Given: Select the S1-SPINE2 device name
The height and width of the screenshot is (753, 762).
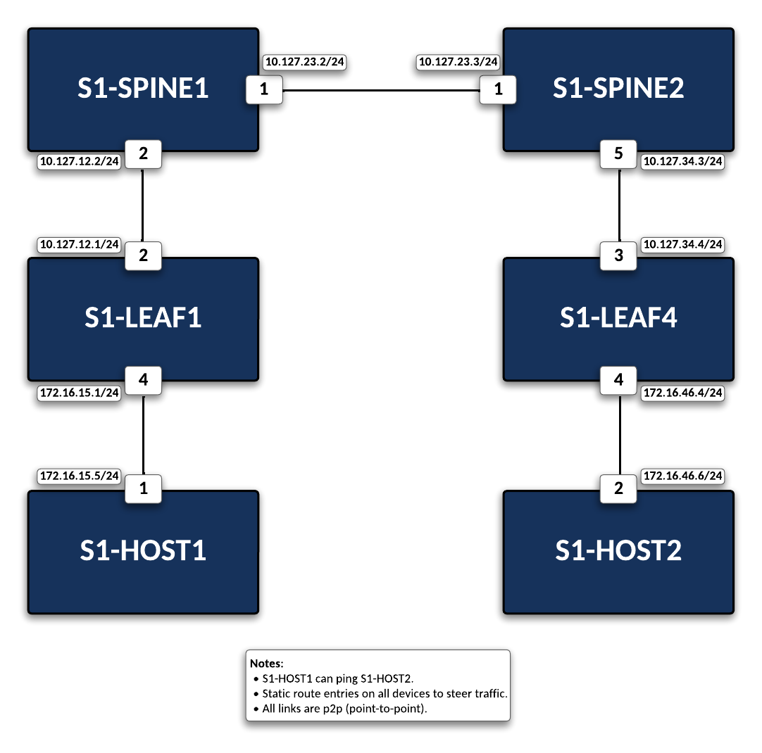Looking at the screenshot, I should (618, 89).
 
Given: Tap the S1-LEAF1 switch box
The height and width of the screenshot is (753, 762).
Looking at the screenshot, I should (143, 318).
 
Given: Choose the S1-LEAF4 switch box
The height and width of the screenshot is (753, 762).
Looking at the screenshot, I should (618, 318).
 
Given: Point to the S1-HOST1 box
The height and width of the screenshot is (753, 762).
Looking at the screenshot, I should (143, 551).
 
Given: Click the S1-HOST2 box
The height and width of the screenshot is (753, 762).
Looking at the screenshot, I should (618, 551).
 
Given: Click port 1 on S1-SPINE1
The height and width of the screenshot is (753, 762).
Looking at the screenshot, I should (264, 90).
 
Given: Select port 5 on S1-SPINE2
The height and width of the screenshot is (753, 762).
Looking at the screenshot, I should (618, 154).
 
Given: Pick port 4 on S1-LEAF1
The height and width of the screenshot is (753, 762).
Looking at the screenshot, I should (144, 381).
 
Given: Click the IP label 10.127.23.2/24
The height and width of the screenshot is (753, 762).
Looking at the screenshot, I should (305, 62).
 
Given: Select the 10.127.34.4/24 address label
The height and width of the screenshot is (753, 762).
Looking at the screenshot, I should (683, 245).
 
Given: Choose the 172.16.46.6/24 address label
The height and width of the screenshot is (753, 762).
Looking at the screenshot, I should (683, 476).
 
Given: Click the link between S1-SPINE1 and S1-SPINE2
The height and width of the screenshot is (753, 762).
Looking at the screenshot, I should (380, 91).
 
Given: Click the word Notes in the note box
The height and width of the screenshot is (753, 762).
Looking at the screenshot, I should (266, 664).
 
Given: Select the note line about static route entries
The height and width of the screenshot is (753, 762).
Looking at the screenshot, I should (384, 694).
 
